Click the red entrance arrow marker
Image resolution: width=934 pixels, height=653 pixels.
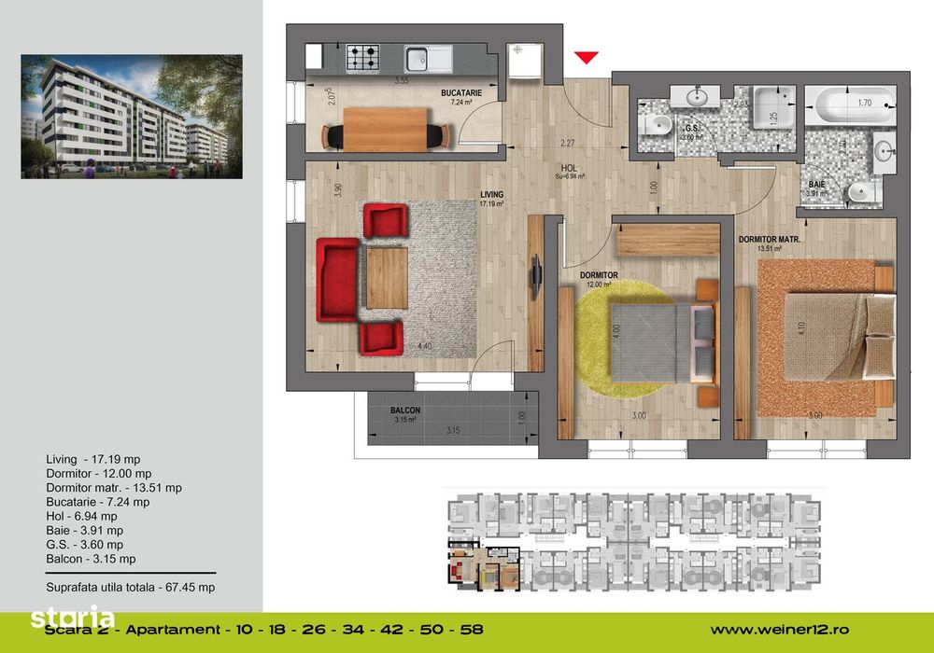pos(586,58)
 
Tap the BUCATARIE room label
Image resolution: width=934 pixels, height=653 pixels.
pos(461,94)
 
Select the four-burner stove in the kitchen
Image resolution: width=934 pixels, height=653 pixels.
pos(363,58)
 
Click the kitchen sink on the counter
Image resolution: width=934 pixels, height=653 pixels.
pos(429,58)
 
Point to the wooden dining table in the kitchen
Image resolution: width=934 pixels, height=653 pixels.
pos(386,128)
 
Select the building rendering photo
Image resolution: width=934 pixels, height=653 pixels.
pos(132,117)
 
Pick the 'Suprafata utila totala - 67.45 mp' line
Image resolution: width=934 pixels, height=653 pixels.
pos(131,588)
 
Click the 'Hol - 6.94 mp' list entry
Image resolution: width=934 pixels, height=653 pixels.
pos(81,516)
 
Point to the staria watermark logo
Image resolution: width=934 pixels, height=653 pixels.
pos(73,617)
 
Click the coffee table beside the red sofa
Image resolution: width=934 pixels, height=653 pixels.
pos(387,277)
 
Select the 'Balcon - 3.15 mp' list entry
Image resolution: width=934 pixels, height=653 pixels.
pos(91,559)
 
